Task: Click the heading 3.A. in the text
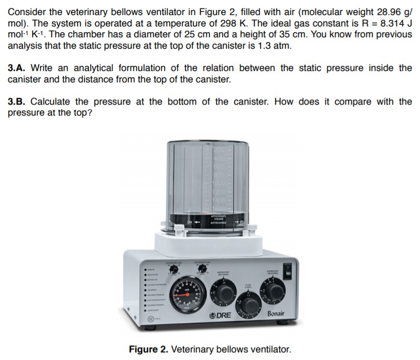[18, 68]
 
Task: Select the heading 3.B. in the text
[18, 102]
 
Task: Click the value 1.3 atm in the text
[277, 46]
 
